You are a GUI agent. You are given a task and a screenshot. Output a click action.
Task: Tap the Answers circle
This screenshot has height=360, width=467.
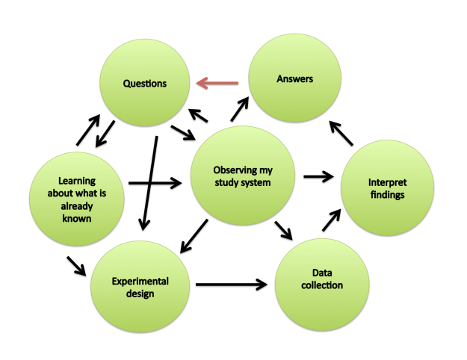click(x=294, y=97)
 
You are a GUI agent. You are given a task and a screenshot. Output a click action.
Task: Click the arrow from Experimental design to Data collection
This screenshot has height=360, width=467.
click(x=232, y=285)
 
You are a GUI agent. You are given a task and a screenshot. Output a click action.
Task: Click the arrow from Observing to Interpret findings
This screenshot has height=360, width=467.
click(x=318, y=178)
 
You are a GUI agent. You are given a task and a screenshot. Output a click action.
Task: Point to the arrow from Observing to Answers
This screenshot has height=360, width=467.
click(x=241, y=111)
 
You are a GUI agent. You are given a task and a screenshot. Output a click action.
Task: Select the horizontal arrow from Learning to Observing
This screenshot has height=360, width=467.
click(x=155, y=182)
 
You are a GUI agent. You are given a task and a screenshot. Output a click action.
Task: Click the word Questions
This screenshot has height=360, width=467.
click(x=146, y=83)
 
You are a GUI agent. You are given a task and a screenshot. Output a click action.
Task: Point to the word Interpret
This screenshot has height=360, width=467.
click(x=387, y=183)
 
